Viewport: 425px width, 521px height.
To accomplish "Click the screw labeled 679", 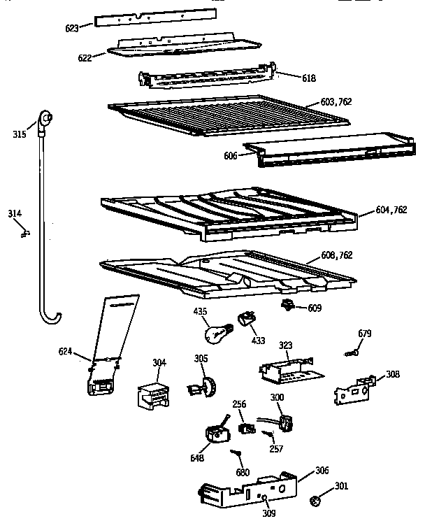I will pyautogui.click(x=350, y=355).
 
